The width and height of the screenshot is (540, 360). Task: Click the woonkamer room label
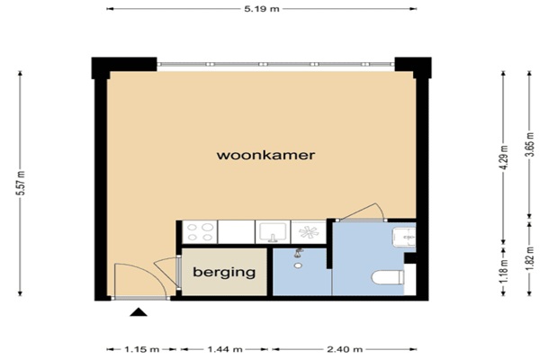click(x=265, y=155)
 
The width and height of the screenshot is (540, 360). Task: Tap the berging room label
click(x=224, y=272)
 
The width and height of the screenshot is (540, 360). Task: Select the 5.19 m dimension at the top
click(x=262, y=9)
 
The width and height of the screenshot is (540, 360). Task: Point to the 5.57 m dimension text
click(x=22, y=183)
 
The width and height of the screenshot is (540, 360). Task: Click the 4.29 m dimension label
click(x=504, y=157)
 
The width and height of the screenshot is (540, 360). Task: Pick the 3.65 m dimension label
click(x=529, y=145)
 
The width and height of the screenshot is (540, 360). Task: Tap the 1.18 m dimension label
click(x=504, y=271)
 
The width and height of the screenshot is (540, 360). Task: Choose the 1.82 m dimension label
click(x=529, y=258)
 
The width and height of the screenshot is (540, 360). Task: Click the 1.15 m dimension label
click(x=142, y=350)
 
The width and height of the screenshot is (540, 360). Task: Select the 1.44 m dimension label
click(x=225, y=350)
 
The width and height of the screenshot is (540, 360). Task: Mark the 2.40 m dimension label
click(x=345, y=350)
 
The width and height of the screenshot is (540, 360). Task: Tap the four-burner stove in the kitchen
click(x=200, y=232)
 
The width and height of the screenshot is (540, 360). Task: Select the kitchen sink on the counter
click(x=273, y=232)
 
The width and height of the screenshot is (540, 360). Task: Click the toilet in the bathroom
click(x=388, y=278)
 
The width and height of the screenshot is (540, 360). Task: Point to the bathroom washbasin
click(x=404, y=237)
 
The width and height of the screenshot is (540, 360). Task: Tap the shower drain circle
click(x=298, y=265)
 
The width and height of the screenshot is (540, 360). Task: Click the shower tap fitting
click(x=299, y=253)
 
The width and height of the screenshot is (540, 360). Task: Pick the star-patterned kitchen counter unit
click(x=309, y=232)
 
